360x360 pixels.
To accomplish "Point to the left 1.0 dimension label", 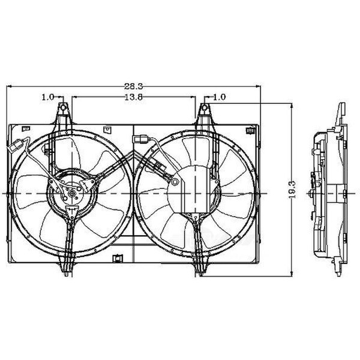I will coord(49,97).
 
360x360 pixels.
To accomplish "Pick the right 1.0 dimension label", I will coord(220,97).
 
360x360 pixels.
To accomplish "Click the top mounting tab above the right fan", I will coord(204,112).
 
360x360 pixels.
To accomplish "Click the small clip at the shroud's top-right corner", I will coord(247,128).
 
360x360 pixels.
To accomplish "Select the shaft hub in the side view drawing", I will coord(310,193).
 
